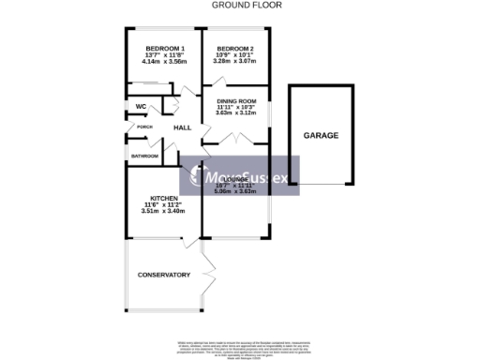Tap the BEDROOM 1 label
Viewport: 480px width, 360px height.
[164, 49]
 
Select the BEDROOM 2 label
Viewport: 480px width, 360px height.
[235, 49]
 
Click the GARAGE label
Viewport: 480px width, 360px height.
[321, 135]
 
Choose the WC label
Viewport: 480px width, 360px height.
[141, 107]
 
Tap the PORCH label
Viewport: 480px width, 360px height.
[144, 127]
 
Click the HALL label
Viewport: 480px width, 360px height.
[182, 128]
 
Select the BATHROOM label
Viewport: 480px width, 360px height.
[144, 156]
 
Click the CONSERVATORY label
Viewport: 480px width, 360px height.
[164, 275]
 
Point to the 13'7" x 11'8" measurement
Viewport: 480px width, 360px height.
[164, 55]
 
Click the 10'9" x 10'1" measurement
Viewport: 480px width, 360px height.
[235, 55]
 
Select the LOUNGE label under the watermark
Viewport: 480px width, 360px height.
[236, 179]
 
